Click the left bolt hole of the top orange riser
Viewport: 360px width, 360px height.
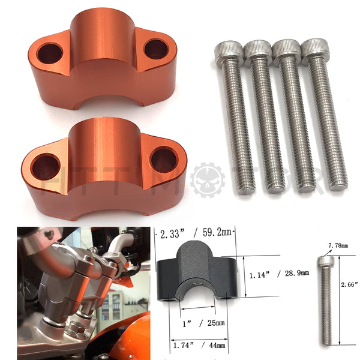click(x=49, y=53)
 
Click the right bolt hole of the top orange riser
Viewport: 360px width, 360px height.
click(x=155, y=49)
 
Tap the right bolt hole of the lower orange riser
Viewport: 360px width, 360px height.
click(x=163, y=160)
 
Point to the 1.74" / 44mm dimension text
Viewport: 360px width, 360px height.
click(x=199, y=344)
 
